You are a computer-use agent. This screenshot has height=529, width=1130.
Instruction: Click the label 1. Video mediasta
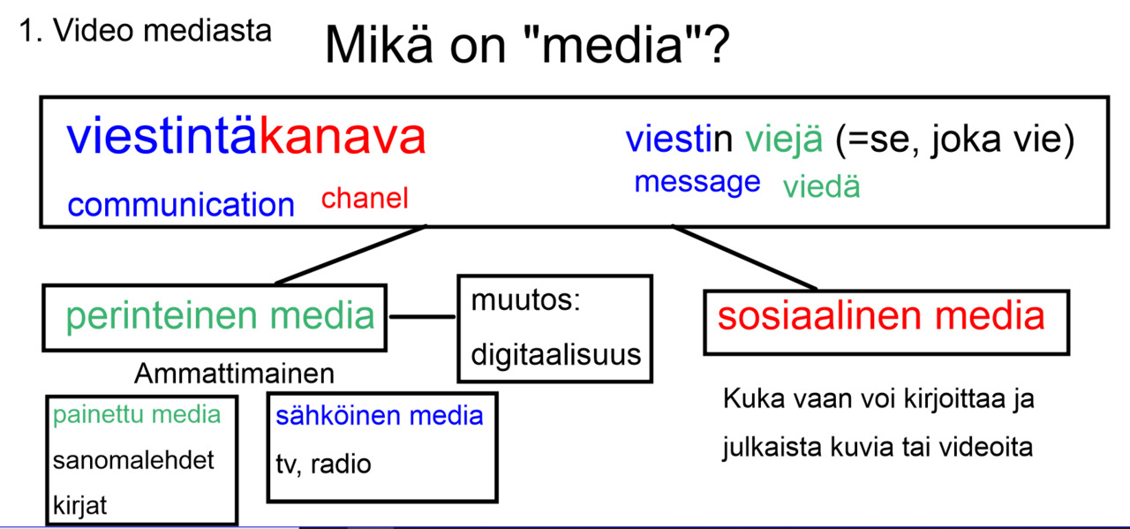(x=145, y=31)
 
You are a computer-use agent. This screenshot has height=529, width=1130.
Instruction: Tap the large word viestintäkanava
(x=246, y=137)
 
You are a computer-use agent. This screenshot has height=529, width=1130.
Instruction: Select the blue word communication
(x=181, y=205)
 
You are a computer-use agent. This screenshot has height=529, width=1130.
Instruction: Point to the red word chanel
(x=365, y=199)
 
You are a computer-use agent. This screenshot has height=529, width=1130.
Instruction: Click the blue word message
(x=697, y=182)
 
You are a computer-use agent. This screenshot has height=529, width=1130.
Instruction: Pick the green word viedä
(x=821, y=187)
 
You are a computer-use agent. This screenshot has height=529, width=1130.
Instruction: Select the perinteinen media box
(x=215, y=316)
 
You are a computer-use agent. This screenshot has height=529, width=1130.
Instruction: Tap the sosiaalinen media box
(x=881, y=316)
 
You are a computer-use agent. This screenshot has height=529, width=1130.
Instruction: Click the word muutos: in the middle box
(x=524, y=300)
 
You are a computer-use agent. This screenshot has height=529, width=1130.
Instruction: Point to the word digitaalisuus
(x=555, y=355)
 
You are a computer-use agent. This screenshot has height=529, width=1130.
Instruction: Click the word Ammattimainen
(x=234, y=374)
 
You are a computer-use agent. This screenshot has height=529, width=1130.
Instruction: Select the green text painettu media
(x=137, y=415)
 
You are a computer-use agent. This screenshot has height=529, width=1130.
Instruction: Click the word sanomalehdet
(x=133, y=461)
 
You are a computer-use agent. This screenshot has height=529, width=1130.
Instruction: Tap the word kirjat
(x=79, y=506)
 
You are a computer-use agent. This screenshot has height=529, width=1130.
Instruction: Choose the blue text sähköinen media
(x=380, y=415)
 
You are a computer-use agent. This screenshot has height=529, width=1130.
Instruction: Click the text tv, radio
(x=322, y=464)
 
